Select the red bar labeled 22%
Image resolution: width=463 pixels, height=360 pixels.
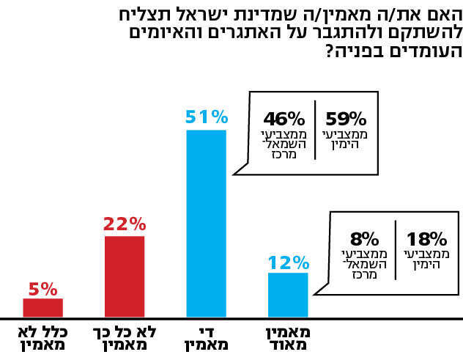point(125,276)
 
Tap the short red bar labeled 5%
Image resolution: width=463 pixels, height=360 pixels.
point(42,306)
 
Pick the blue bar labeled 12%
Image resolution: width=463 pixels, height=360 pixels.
point(288,294)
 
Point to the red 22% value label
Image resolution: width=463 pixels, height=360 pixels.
point(125,224)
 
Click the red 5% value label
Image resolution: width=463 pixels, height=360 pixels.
point(42,288)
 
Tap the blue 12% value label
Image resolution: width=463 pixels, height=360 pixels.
point(288,262)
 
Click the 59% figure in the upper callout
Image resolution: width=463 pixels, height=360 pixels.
point(345,119)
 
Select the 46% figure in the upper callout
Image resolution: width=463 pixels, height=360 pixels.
point(284,119)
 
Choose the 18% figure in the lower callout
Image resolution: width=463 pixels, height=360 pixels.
point(426,238)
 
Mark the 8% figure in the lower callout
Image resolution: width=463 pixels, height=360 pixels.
point(364,238)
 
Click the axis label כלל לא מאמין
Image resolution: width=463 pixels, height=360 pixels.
point(42,338)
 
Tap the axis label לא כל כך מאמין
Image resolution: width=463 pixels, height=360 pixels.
point(125,338)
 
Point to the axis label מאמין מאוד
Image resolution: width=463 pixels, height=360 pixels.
point(288,338)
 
